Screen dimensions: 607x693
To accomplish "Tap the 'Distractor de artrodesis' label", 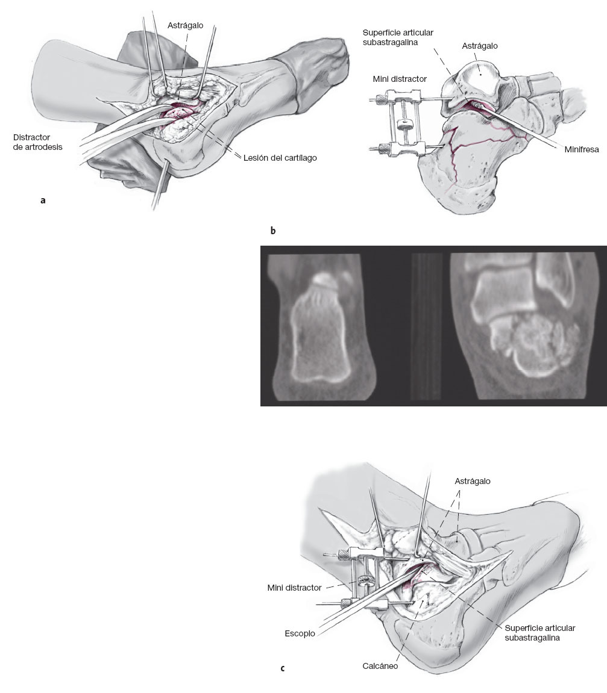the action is (37, 142).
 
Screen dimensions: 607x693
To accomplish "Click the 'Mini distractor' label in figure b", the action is (399, 79).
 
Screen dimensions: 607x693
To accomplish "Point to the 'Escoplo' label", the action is (300, 633).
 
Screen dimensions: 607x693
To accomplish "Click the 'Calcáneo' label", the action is (380, 667).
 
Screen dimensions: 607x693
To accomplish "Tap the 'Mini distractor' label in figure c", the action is (294, 587).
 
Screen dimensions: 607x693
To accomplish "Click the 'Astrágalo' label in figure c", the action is (473, 481).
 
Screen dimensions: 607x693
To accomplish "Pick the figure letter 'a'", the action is (42, 200).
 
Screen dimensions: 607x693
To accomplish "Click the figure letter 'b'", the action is (273, 231).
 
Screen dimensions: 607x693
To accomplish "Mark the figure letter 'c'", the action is (283, 668).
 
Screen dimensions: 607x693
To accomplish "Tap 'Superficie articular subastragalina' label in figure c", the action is (539, 632).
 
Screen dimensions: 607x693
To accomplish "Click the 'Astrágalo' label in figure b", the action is (480, 46).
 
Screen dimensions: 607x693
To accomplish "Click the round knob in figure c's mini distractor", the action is (365, 582).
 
